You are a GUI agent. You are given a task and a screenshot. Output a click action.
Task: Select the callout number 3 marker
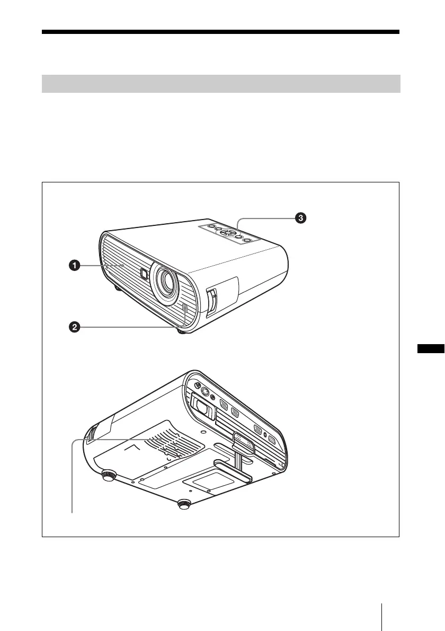point(299,218)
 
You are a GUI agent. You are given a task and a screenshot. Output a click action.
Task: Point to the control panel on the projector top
point(229,233)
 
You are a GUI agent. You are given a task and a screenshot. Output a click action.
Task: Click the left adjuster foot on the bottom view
point(109,476)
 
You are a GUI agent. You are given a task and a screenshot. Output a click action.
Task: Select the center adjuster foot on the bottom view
point(184,504)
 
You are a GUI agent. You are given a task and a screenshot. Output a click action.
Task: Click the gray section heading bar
point(221,84)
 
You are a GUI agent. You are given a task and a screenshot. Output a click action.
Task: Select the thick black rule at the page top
point(221,32)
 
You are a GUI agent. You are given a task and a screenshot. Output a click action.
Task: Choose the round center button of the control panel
point(229,232)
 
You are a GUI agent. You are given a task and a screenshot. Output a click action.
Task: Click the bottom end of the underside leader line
point(72,512)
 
